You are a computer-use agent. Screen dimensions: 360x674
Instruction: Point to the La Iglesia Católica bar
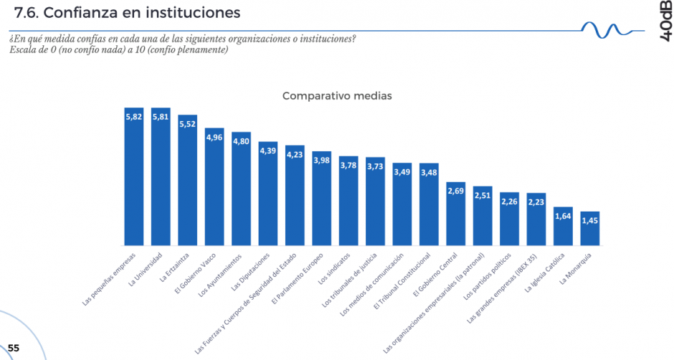[564, 227]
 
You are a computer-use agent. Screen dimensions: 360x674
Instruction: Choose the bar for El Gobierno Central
[456, 214]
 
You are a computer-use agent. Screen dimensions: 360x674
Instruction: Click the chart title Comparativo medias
[336, 95]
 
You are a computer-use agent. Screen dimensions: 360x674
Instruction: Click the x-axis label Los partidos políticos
[488, 276]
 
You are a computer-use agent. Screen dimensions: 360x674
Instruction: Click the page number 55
[14, 348]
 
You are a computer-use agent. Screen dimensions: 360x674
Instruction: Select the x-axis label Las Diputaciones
[252, 270]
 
